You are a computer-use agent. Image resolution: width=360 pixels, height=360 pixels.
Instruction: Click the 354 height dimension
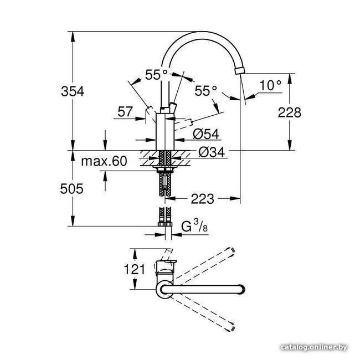pos(73,91)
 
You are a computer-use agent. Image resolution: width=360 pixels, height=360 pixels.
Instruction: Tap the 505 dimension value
pos(71,189)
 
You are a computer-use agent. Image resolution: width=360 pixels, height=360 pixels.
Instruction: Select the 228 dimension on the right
pos(289,112)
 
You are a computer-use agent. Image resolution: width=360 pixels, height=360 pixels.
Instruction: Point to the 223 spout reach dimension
pos(203,199)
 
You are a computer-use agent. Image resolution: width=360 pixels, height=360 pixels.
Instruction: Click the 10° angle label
pos(270,85)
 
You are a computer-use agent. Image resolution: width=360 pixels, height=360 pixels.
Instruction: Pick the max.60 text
pos(104,161)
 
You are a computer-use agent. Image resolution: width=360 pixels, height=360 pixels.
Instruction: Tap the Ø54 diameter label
pos(206,134)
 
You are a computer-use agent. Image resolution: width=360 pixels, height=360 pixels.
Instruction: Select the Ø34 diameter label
pos(212,152)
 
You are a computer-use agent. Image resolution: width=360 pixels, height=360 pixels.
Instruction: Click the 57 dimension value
pos(125,112)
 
